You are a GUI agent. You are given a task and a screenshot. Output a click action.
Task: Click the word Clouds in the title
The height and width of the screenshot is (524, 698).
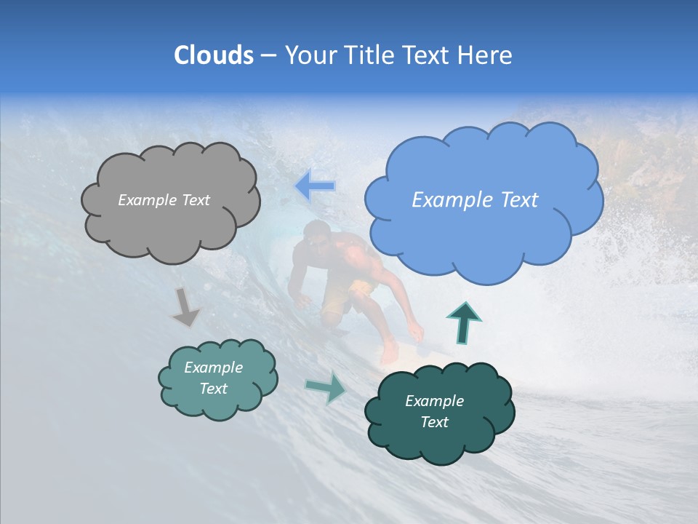214,55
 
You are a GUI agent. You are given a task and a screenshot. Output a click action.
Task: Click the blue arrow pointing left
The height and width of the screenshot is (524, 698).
315,186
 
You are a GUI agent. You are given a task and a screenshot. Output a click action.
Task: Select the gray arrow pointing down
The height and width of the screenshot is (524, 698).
185,307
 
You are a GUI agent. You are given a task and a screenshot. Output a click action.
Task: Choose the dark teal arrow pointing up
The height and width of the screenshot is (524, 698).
464,322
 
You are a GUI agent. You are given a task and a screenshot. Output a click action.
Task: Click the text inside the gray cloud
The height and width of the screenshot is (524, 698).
164,200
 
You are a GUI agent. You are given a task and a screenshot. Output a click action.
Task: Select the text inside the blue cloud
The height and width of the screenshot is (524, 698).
475,200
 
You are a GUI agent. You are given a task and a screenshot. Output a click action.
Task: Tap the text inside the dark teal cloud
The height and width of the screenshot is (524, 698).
434,411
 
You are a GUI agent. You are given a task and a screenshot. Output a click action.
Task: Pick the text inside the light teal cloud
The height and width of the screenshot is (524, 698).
213,378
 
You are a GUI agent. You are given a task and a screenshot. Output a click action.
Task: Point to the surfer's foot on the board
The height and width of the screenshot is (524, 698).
390,354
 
